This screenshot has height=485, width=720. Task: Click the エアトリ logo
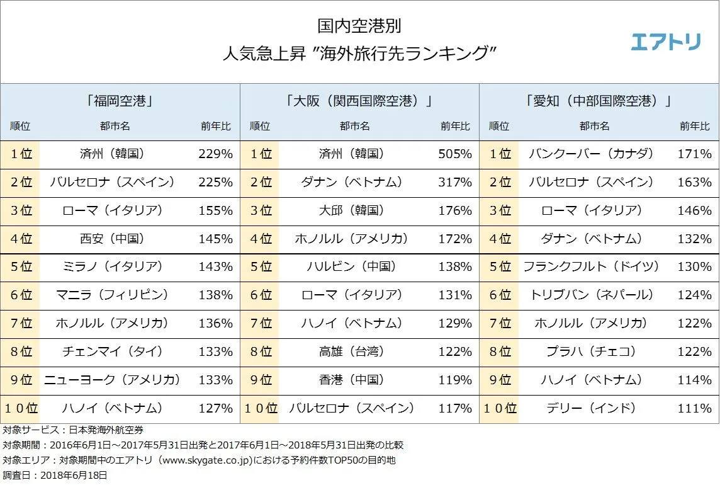click(665, 42)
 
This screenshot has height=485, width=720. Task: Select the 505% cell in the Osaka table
click(455, 154)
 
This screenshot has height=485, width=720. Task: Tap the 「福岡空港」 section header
click(120, 101)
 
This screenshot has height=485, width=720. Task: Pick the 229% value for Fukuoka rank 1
click(215, 154)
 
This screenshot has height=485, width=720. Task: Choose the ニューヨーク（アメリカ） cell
click(112, 380)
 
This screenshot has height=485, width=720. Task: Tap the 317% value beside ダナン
click(455, 183)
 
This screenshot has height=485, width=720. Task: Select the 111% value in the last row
click(695, 408)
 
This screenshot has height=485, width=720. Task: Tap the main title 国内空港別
click(359, 26)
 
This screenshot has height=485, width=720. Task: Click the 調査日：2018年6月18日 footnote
click(55, 475)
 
